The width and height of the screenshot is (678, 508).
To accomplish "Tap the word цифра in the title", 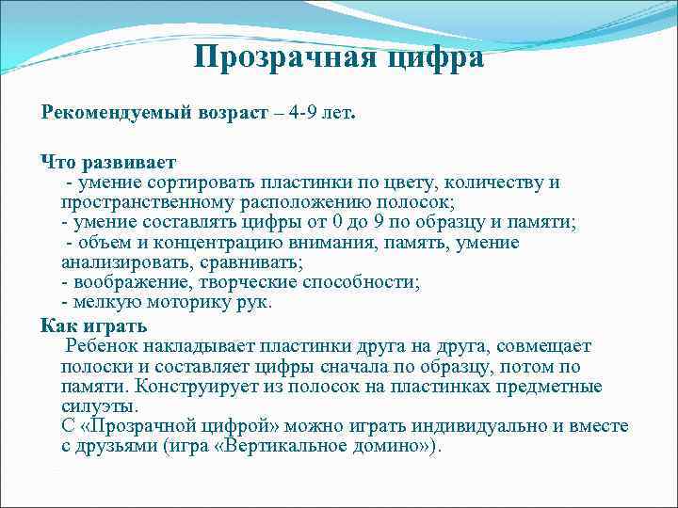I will pos(435,59).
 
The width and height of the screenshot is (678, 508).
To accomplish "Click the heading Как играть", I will pos(93,325).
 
